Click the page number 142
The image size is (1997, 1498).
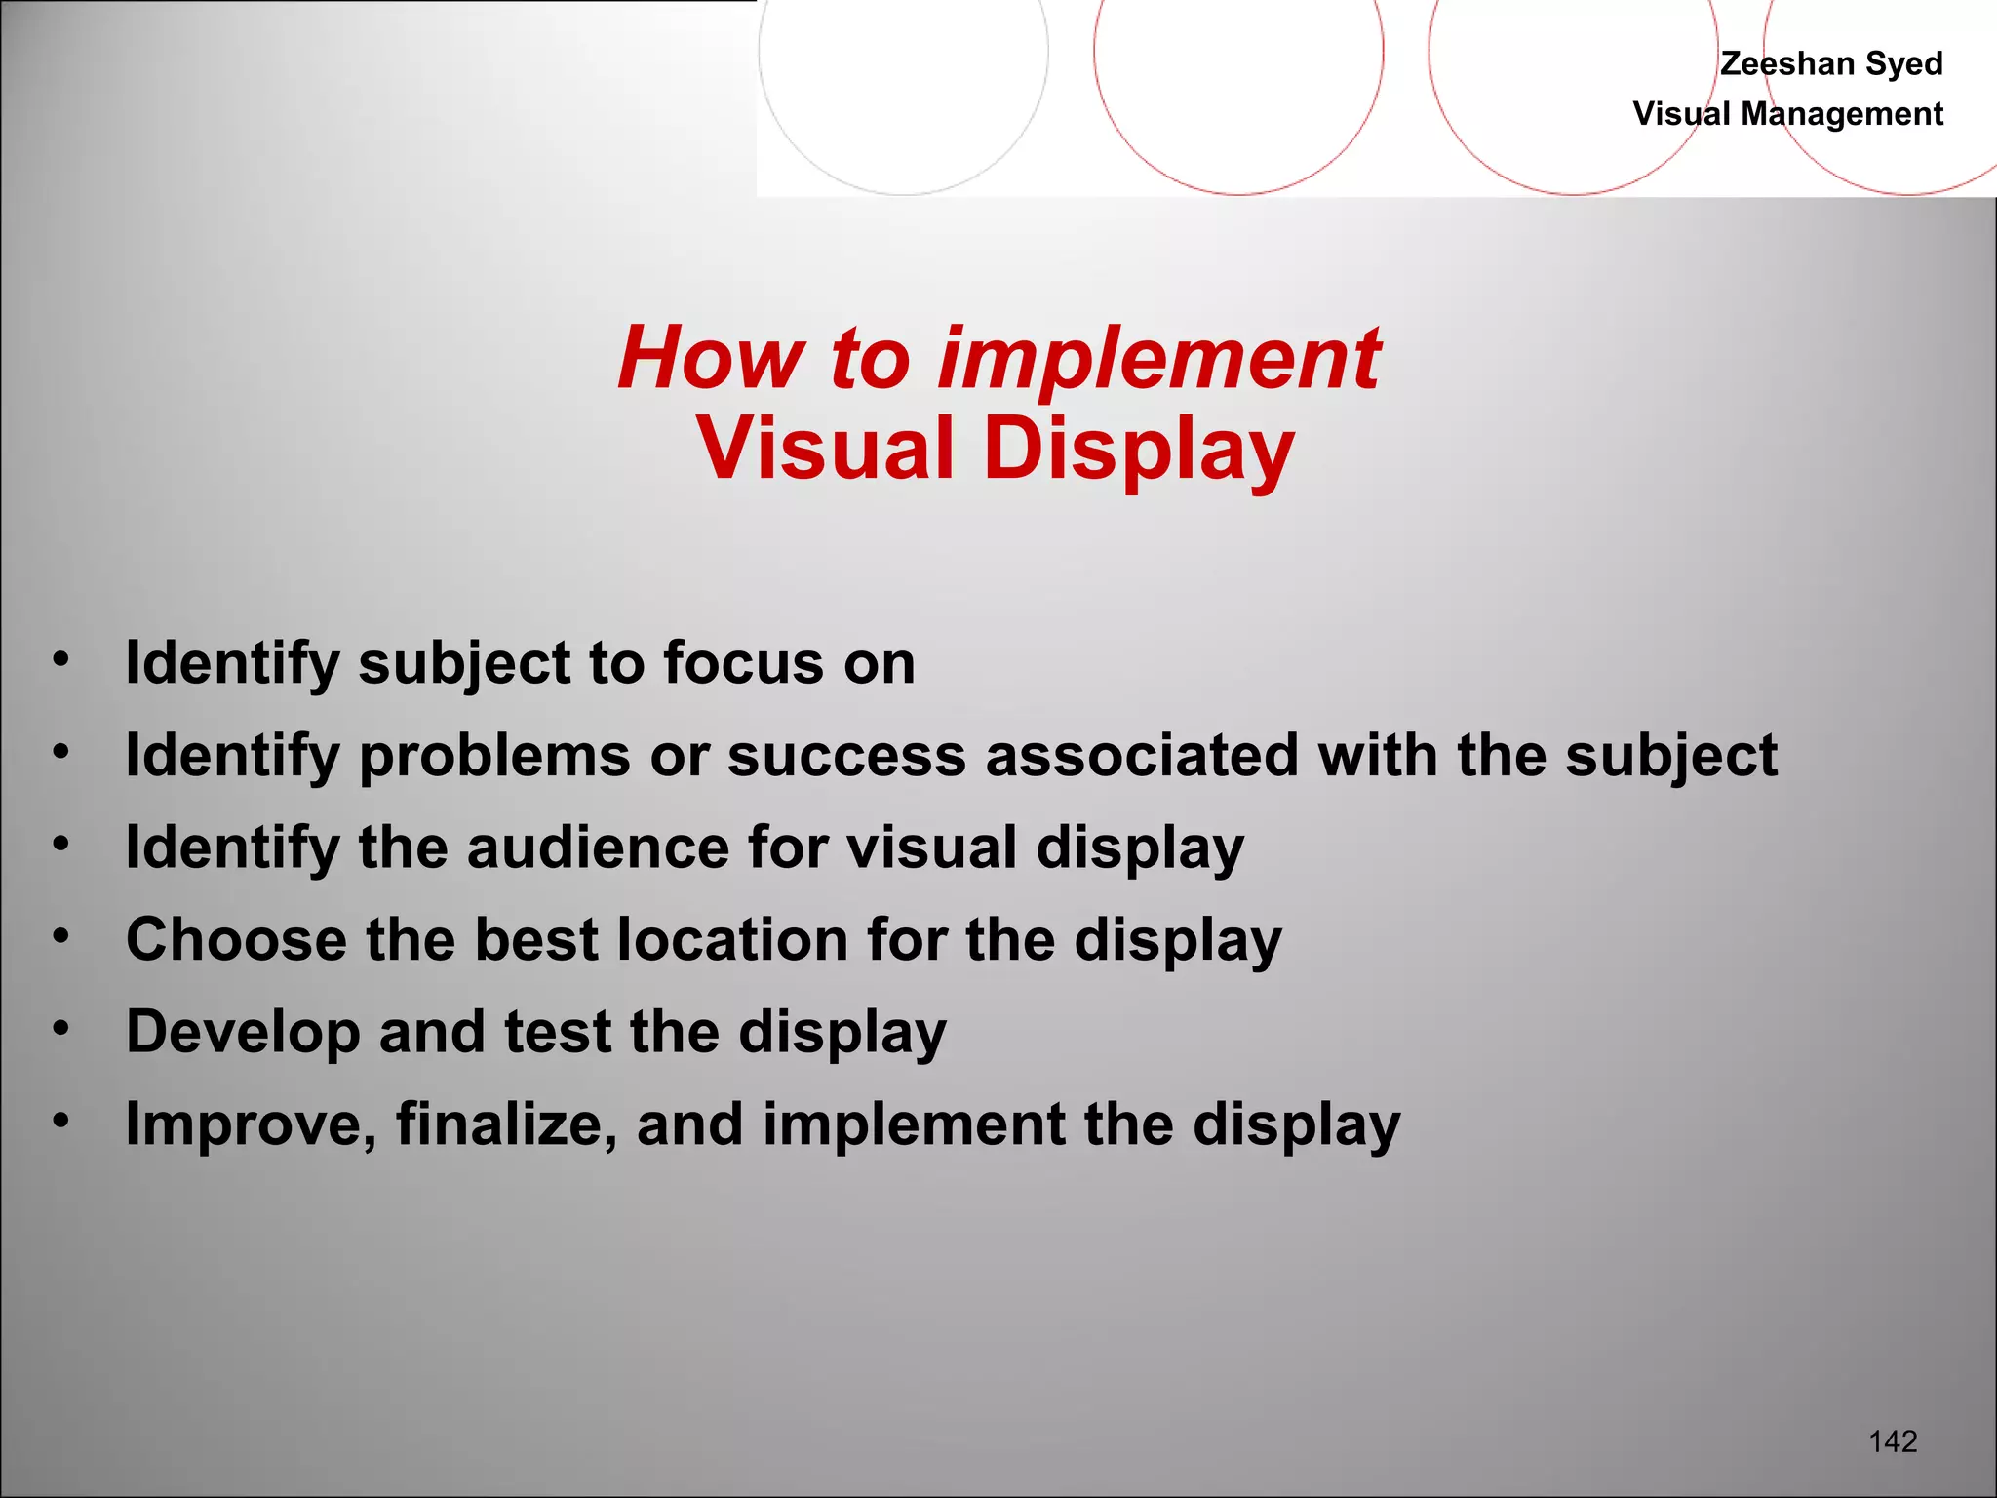pyautogui.click(x=1893, y=1440)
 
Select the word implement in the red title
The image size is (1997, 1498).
pyautogui.click(x=1158, y=359)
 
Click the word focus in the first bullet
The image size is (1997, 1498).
pyautogui.click(x=743, y=663)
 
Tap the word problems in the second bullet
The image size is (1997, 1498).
pyautogui.click(x=495, y=757)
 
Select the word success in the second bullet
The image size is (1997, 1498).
pyautogui.click(x=845, y=757)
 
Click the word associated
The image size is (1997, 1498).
pyautogui.click(x=1142, y=755)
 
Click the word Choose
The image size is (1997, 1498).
pyautogui.click(x=236, y=939)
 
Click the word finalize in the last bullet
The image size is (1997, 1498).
pyautogui.click(x=506, y=1123)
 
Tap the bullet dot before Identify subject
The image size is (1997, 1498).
pyautogui.click(x=61, y=659)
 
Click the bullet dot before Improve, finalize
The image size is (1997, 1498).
pyautogui.click(x=61, y=1122)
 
